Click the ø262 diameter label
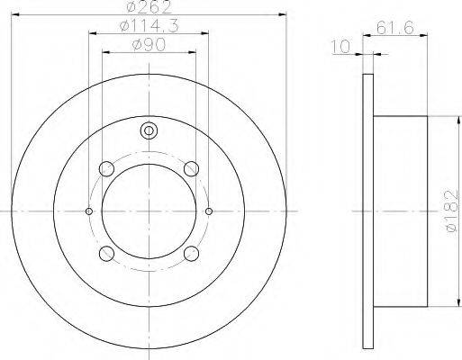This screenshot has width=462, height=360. coord(149,7)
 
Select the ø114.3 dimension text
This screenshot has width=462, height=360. coord(149,25)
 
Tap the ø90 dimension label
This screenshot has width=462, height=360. coord(149,45)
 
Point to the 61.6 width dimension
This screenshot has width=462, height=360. coord(395,28)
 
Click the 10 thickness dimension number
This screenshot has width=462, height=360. coord(341,47)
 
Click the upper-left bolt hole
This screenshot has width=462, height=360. coord(106,169)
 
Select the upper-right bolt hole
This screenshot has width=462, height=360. coord(191,169)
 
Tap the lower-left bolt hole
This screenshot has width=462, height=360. coord(106,254)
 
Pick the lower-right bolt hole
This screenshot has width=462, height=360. coord(191,254)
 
